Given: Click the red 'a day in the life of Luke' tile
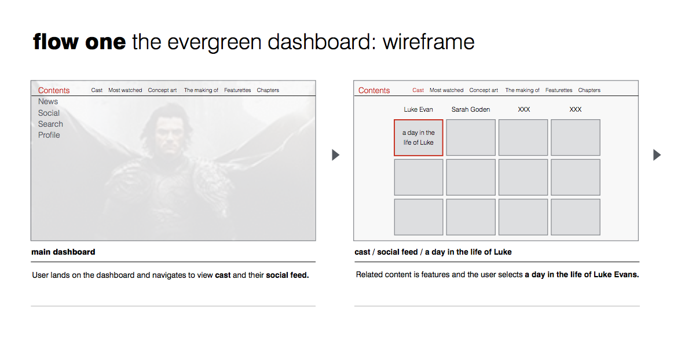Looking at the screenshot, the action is pyautogui.click(x=418, y=138).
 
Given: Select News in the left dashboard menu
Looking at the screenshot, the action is pyautogui.click(x=47, y=102).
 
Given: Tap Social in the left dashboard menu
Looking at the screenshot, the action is pyautogui.click(x=49, y=113).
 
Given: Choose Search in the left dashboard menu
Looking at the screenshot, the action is pyautogui.click(x=50, y=124).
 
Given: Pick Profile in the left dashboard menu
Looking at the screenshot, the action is pyautogui.click(x=49, y=135).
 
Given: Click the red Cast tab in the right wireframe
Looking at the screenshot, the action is pyautogui.click(x=418, y=90).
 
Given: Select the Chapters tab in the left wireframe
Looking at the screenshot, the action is pyautogui.click(x=268, y=90).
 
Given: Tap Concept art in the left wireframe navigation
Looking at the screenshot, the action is pyautogui.click(x=162, y=90).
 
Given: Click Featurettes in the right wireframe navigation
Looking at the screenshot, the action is pyautogui.click(x=558, y=90).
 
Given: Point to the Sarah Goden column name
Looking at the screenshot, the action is pyautogui.click(x=471, y=109).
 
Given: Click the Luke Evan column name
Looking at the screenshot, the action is pyautogui.click(x=418, y=109).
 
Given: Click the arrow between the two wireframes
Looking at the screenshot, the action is pyautogui.click(x=335, y=155).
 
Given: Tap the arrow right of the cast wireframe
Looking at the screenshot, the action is pyautogui.click(x=657, y=155).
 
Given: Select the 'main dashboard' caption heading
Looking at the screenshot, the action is pyautogui.click(x=64, y=252).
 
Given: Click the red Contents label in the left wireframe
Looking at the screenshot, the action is pyautogui.click(x=54, y=90).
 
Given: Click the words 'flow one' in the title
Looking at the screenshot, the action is pyautogui.click(x=79, y=42).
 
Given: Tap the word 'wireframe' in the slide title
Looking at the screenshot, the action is pyautogui.click(x=429, y=42).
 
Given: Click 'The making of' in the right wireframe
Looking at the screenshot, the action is pyautogui.click(x=522, y=90).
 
